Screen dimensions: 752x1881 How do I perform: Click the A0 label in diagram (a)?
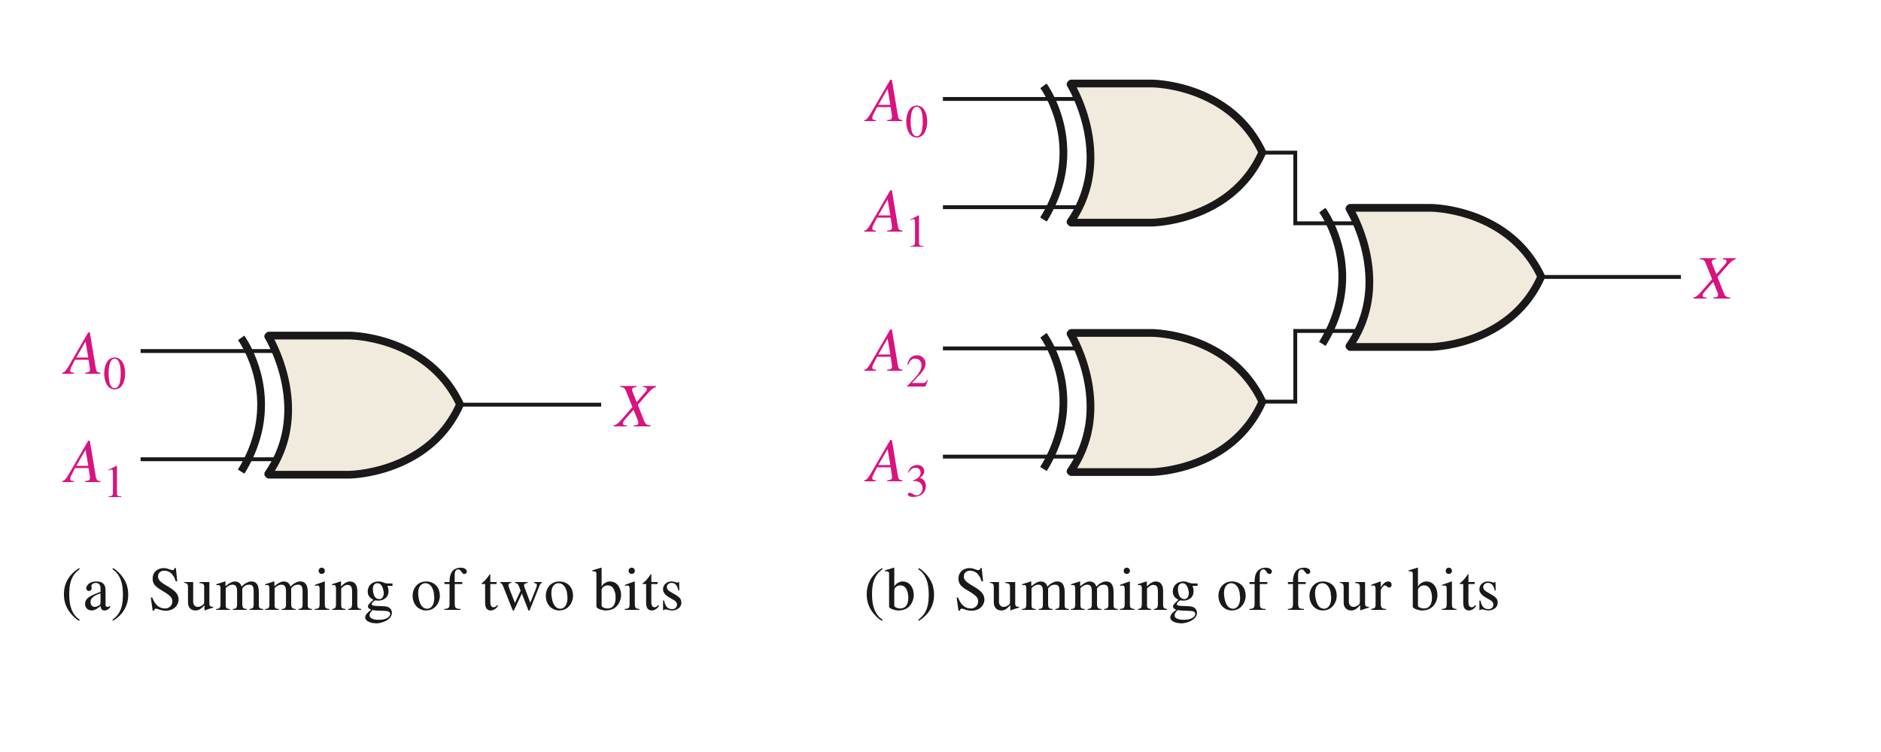tap(94, 361)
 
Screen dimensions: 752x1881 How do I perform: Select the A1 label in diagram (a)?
tap(93, 469)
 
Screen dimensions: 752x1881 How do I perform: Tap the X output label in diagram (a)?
tap(634, 406)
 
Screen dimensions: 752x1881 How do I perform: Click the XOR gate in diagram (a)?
tap(361, 405)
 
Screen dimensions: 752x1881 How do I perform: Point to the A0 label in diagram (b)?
tap(896, 109)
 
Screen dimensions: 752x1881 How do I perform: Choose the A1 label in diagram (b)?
tap(895, 217)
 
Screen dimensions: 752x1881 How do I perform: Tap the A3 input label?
tap(895, 467)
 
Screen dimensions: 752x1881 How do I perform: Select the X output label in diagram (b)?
tap(1714, 278)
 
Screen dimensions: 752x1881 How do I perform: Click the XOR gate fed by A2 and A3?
tap(1162, 402)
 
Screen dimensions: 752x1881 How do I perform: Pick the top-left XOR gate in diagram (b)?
tap(1162, 153)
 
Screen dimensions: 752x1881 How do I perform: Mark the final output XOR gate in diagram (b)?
tap(1441, 277)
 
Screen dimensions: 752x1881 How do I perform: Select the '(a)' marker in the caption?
tap(96, 592)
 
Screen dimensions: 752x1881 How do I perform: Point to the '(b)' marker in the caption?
tap(900, 592)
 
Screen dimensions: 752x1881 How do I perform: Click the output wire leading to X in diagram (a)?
tap(530, 405)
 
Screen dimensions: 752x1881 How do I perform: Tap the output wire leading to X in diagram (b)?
tap(1610, 277)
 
